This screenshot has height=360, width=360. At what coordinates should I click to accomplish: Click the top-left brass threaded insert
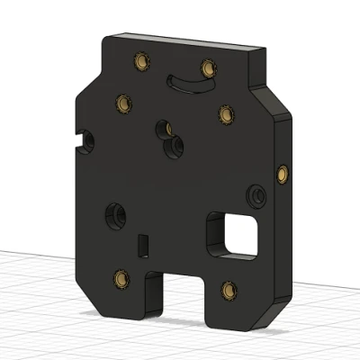[x=139, y=61]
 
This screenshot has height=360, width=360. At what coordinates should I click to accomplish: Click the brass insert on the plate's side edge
[x=284, y=171]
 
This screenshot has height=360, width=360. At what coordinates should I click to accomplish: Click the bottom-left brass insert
[x=119, y=277]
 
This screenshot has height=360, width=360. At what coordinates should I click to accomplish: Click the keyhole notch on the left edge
[x=87, y=140]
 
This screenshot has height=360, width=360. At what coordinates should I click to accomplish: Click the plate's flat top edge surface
[x=189, y=41]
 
